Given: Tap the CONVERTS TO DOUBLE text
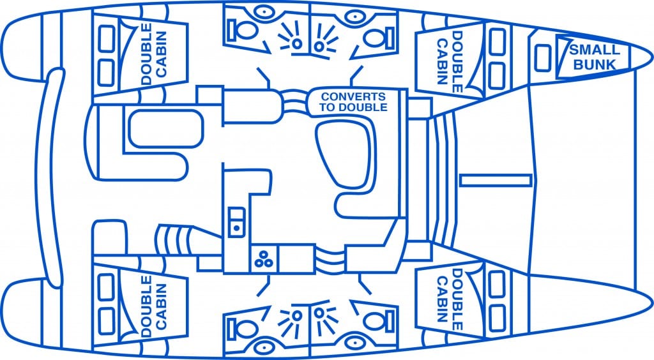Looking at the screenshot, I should click(354, 102).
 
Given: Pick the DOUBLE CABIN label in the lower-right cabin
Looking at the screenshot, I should click(448, 299).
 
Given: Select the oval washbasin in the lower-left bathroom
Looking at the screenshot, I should click(262, 347).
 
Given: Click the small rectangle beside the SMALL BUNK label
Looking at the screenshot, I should click(544, 58).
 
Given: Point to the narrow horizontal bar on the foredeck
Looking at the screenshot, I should click(495, 179).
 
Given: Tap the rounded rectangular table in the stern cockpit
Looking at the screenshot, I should click(157, 128).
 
